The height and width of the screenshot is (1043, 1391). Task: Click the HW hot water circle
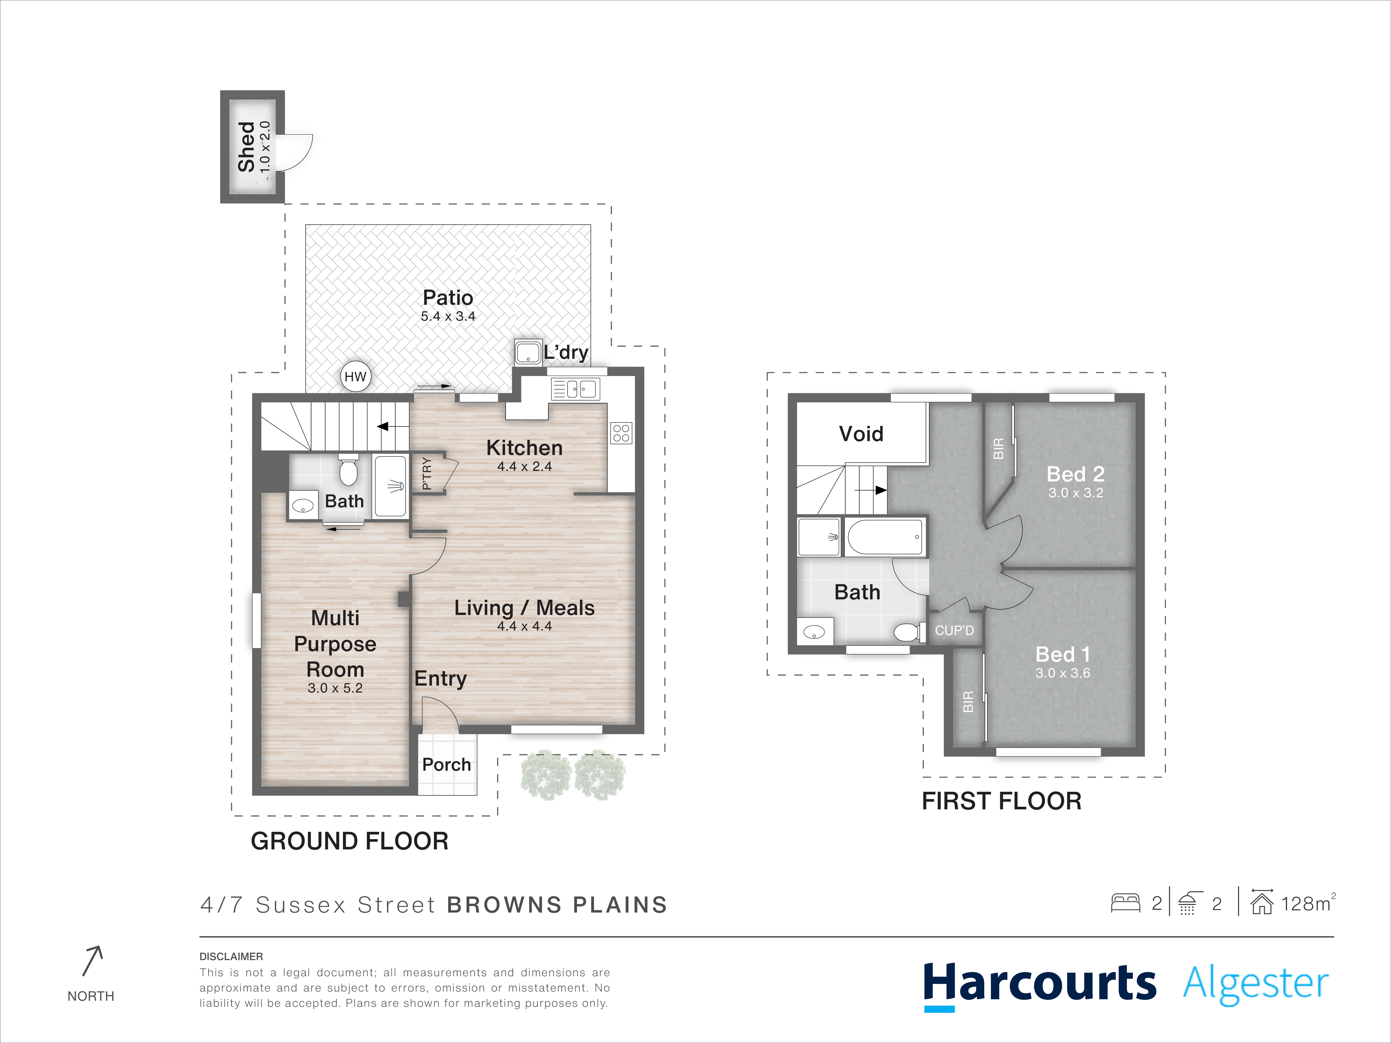pos(355,377)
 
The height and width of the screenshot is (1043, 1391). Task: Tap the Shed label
pos(246,147)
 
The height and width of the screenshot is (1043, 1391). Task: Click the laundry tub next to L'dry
pos(528,352)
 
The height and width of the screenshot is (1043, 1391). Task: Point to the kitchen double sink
pos(575,389)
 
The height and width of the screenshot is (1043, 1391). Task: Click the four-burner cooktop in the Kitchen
pos(621,433)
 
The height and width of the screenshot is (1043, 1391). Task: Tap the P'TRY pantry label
pos(427,473)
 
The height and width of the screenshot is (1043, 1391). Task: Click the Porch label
pos(447,765)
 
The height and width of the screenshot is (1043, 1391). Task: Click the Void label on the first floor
pos(861,434)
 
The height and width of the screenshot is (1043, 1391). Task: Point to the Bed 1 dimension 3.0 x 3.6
pos(1063,673)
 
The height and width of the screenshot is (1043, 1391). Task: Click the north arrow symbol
pos(92,961)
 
